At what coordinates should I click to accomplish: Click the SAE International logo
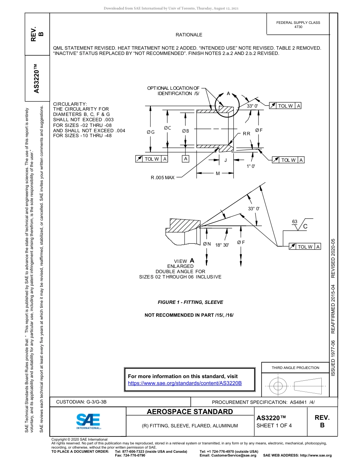coord(88,421)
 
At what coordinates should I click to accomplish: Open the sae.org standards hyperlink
coord(185,383)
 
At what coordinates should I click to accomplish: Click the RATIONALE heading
coord(189,35)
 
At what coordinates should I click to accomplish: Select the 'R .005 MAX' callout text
coord(163,177)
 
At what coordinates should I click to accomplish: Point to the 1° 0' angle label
coord(251,166)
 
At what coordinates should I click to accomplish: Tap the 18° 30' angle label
coord(222,245)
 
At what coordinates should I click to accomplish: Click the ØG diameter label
coord(150,132)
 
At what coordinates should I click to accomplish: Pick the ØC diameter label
coord(167,128)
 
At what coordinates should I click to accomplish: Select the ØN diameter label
coord(207,244)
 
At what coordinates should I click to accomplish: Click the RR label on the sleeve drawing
coord(246,134)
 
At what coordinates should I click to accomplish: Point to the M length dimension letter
coord(218,173)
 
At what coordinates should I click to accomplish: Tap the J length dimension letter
coord(225,160)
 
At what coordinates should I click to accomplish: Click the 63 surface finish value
coord(294,221)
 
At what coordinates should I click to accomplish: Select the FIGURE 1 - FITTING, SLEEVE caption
coord(190,302)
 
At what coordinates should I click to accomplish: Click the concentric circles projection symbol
coord(278,386)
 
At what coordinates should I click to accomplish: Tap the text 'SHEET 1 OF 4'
coord(274,425)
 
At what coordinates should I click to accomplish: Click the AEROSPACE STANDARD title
coord(190,412)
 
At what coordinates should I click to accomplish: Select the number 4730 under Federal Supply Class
coord(298,27)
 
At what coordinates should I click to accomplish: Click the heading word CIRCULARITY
coord(70,104)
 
